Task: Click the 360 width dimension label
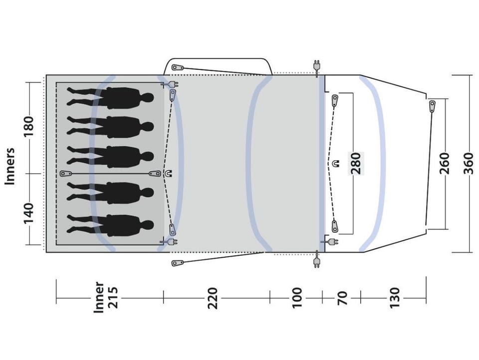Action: [468, 163]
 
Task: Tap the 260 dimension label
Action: [445, 163]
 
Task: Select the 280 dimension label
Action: [356, 163]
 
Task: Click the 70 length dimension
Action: [342, 298]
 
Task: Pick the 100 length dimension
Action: [296, 298]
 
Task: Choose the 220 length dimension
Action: [213, 298]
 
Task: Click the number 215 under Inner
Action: [112, 298]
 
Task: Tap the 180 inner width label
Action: [28, 127]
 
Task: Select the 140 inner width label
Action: [28, 213]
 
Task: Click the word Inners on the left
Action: [10, 166]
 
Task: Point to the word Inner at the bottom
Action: [99, 298]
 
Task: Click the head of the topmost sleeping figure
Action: [148, 98]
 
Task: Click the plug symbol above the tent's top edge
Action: [317, 66]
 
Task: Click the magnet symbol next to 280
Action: [336, 163]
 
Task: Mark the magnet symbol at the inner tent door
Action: [168, 173]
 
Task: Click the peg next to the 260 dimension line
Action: [432, 106]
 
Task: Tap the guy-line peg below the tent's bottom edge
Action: [178, 263]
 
